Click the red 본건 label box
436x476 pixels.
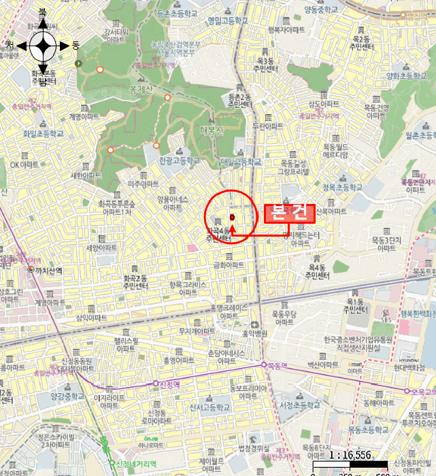(289, 213)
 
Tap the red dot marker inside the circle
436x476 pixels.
(232, 218)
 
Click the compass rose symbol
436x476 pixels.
(43, 46)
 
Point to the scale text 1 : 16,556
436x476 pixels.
(350, 456)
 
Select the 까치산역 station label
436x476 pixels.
(49, 271)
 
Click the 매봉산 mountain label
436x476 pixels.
(212, 131)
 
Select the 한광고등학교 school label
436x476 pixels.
(180, 161)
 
